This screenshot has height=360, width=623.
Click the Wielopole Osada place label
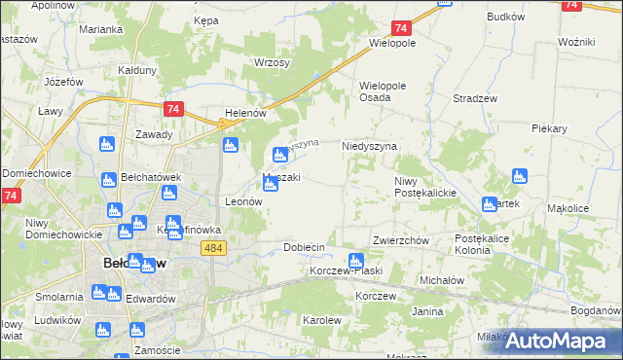tap(389, 91)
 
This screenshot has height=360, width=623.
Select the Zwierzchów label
tap(401, 240)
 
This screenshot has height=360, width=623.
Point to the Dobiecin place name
tap(303, 247)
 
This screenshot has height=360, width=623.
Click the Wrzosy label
tap(272, 62)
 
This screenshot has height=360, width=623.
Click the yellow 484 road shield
tap(215, 248)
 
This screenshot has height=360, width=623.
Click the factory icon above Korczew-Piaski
tap(356, 260)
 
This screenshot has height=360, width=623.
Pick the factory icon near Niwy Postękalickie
tap(490, 203)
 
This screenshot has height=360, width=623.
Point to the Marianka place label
tap(100, 30)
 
